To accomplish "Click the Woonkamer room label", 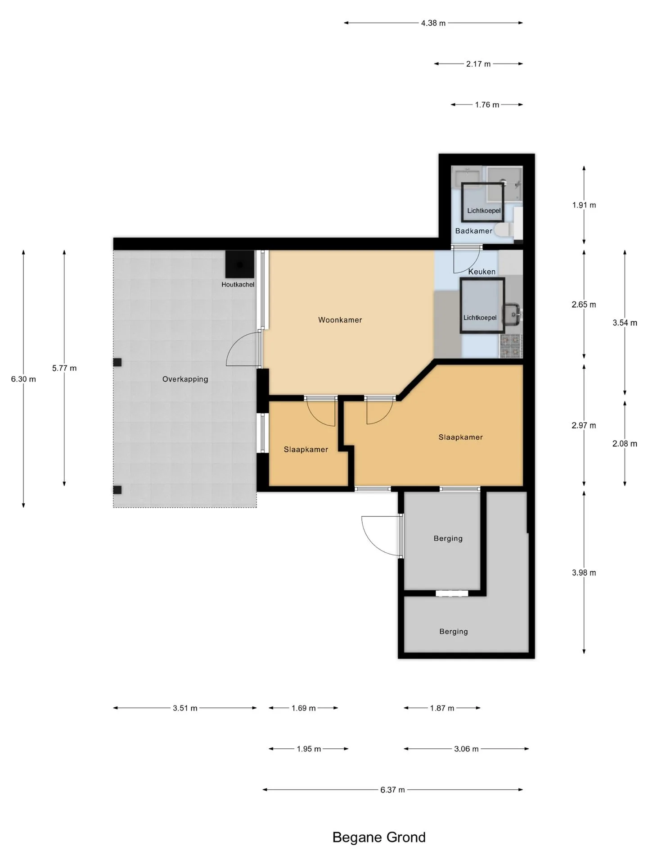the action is click(x=340, y=320).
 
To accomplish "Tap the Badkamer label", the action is click(x=473, y=231).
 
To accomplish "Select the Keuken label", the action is click(x=481, y=272).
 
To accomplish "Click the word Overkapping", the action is click(x=185, y=379).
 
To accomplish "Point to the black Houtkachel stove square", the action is click(x=239, y=264).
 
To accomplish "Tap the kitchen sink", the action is click(x=513, y=314).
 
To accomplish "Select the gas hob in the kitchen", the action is click(x=511, y=346).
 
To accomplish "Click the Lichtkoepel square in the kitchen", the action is click(x=482, y=305).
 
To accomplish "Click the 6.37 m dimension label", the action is click(x=392, y=790).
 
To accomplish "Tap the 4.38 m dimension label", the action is click(x=433, y=23).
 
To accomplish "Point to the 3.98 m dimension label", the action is click(x=584, y=573).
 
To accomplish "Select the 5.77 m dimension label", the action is click(x=64, y=368).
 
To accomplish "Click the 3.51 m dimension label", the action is click(x=185, y=708).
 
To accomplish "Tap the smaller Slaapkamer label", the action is click(x=306, y=449).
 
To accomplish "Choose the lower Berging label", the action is click(x=454, y=631).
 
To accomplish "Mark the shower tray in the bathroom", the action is click(x=504, y=184).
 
